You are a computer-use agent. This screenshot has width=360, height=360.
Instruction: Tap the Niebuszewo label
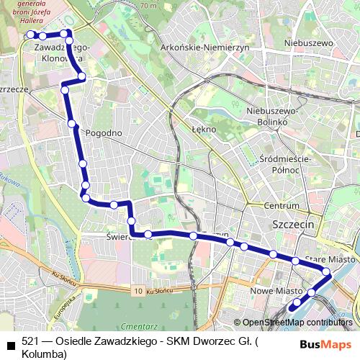(x=311, y=43)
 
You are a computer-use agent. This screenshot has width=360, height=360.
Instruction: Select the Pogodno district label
(x=104, y=133)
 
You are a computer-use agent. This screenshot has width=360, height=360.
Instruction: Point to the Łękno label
(x=204, y=130)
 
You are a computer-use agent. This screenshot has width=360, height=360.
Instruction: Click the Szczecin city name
(x=294, y=225)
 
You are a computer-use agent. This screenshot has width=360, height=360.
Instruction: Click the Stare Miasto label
(x=329, y=258)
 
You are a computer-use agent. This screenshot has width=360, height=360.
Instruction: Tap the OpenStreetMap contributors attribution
(x=297, y=323)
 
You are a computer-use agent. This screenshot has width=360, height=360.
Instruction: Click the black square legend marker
(x=10, y=343)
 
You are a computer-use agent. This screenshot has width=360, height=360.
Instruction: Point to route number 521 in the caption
(x=31, y=341)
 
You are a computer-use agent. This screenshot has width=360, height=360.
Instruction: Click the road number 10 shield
(x=138, y=290)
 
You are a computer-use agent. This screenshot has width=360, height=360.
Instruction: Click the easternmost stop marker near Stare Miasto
(x=327, y=272)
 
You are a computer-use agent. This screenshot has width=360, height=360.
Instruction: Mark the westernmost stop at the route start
(x=30, y=35)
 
